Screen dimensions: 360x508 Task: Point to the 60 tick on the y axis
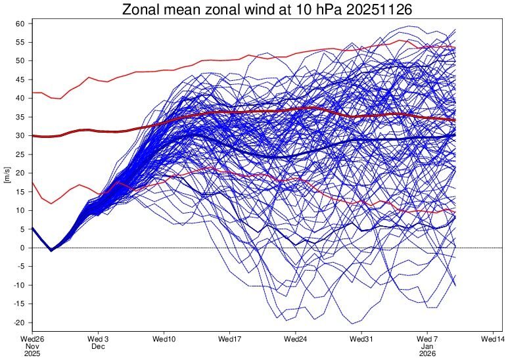click(x=20, y=24)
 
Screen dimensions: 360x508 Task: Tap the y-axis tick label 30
click(x=20, y=136)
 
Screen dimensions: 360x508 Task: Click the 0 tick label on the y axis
click(x=22, y=248)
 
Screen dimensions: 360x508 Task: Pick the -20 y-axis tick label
click(x=18, y=323)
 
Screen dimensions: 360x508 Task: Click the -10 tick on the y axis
click(x=18, y=286)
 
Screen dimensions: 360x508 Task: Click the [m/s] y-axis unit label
click(x=7, y=173)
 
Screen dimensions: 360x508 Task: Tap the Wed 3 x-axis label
click(x=98, y=338)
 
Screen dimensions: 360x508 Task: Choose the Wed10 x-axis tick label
click(x=164, y=338)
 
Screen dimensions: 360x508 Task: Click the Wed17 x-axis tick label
click(x=229, y=338)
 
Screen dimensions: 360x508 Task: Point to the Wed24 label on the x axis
click(x=296, y=338)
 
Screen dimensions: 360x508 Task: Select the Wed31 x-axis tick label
click(x=361, y=338)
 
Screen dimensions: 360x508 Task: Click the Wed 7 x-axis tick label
click(x=427, y=338)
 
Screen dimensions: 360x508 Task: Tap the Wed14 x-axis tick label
click(x=494, y=338)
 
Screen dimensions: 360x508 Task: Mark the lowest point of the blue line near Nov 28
click(x=51, y=250)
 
